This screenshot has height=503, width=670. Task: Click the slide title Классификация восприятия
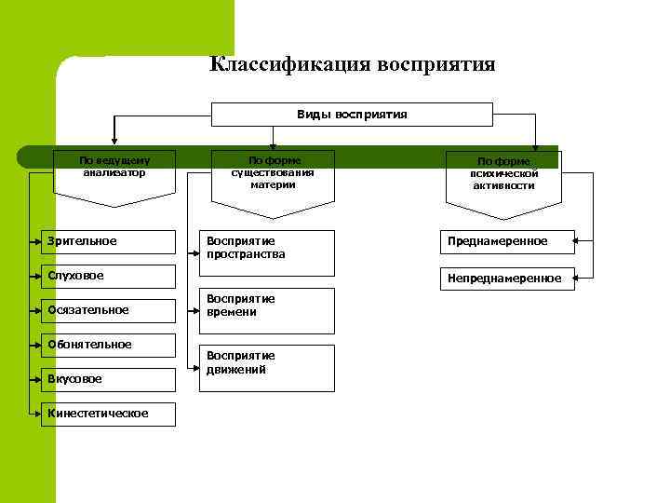[352, 64]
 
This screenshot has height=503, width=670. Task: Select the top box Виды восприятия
[352, 114]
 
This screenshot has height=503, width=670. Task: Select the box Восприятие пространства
[270, 252]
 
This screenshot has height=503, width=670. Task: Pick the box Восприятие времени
[270, 311]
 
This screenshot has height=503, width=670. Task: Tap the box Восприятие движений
[270, 368]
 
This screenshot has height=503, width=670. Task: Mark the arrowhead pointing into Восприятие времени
[202, 311]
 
